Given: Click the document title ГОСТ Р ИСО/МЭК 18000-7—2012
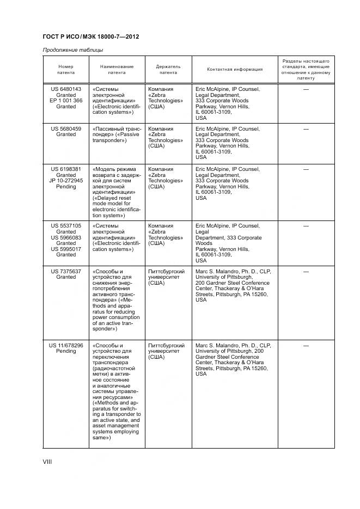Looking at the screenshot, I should point(90,37).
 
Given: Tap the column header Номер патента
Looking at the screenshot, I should point(66,69).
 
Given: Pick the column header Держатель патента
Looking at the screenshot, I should point(168,69).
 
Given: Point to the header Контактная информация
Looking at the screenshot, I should point(235,69).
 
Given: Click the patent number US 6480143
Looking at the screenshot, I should point(66,89).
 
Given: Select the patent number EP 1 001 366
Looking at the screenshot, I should point(66,101).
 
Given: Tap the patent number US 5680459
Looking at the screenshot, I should point(66,129).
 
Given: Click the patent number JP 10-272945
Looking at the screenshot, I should point(66,181).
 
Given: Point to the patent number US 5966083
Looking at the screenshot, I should point(66,237).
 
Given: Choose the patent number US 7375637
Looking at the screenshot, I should point(66,271).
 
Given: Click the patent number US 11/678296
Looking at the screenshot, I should point(66,345).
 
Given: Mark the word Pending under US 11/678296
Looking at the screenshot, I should point(66,351).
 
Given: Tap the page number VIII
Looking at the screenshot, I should point(47,462).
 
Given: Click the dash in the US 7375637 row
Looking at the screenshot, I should point(306,271).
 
